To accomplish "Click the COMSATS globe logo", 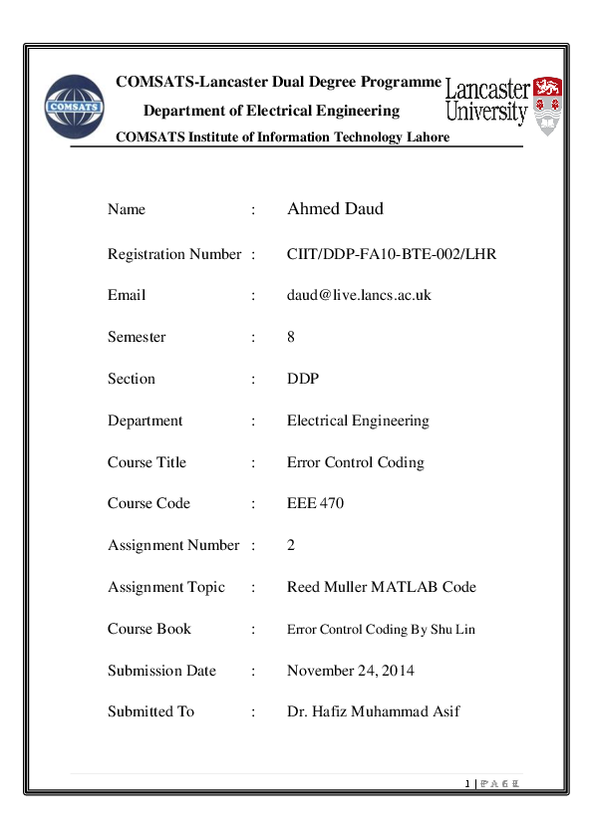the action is pyautogui.click(x=75, y=107).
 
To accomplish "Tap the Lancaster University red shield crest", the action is pyautogui.click(x=547, y=103).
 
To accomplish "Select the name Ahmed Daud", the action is pyautogui.click(x=335, y=209).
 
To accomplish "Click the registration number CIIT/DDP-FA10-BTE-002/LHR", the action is pyautogui.click(x=392, y=254).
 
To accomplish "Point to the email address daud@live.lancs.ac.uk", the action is pyautogui.click(x=359, y=296).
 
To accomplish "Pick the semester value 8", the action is pyautogui.click(x=291, y=338).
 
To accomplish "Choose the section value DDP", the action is pyautogui.click(x=302, y=380).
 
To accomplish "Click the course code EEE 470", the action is pyautogui.click(x=315, y=504).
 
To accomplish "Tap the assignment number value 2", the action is pyautogui.click(x=291, y=546).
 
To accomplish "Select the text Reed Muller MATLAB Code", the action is pyautogui.click(x=382, y=588).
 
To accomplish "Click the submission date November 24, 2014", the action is pyautogui.click(x=351, y=671).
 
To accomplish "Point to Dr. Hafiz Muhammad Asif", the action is pyautogui.click(x=374, y=712).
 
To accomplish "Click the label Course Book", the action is pyautogui.click(x=149, y=630).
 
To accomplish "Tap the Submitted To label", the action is pyautogui.click(x=150, y=712).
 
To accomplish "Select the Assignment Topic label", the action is pyautogui.click(x=166, y=588).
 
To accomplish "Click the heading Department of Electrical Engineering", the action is pyautogui.click(x=271, y=111).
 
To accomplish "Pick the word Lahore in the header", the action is pyautogui.click(x=426, y=138).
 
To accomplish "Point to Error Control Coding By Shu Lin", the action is pyautogui.click(x=381, y=630).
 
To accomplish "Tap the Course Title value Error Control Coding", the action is pyautogui.click(x=355, y=463).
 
